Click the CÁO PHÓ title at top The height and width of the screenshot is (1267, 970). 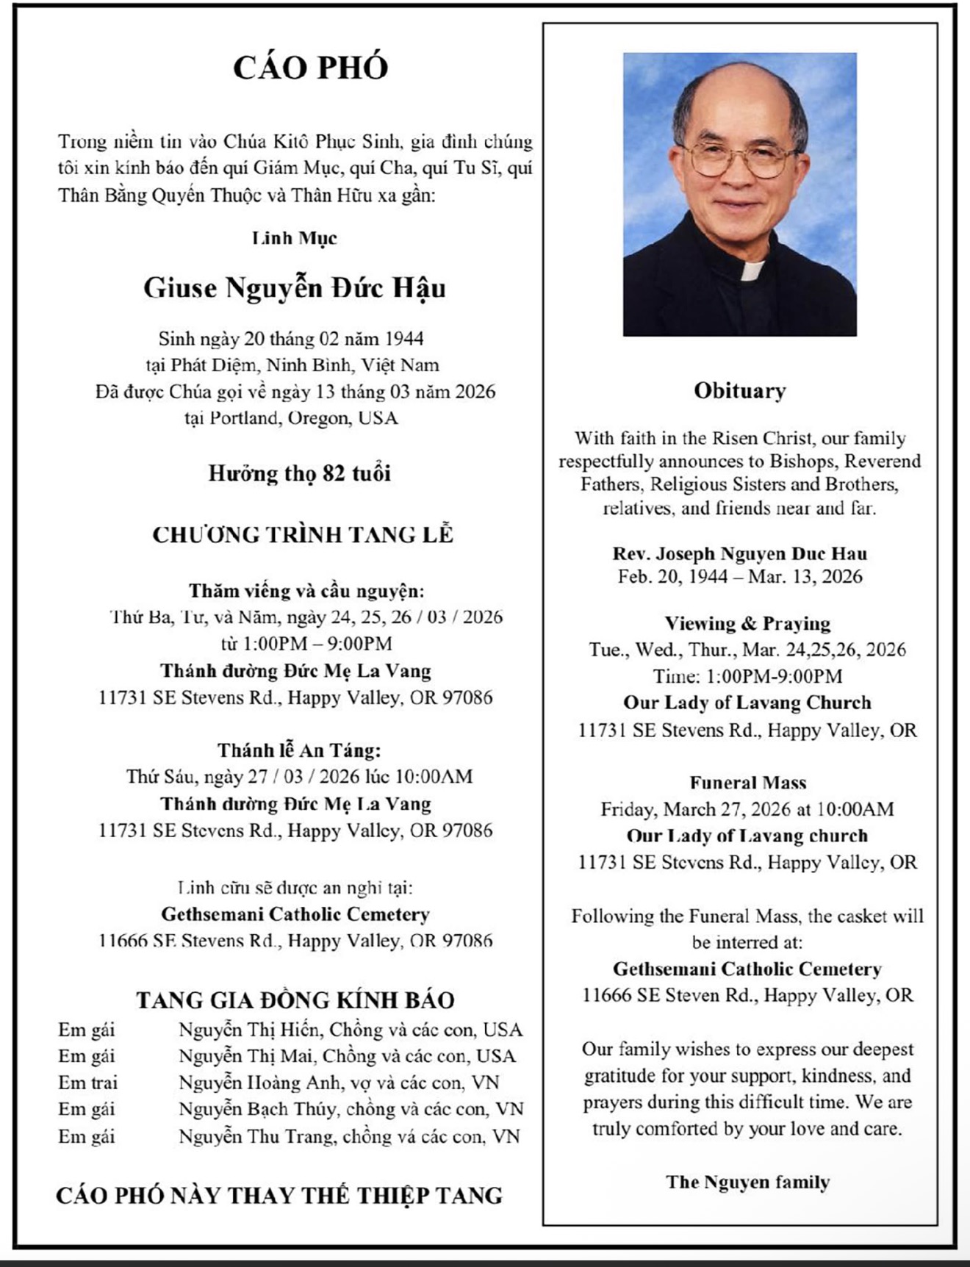click(310, 68)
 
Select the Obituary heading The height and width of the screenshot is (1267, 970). click(739, 390)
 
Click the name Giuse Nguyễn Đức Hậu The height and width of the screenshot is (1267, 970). click(295, 287)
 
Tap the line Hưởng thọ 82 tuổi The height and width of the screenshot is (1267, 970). click(299, 473)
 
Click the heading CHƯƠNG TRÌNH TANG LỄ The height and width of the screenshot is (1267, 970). click(303, 534)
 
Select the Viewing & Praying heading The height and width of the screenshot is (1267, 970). click(747, 623)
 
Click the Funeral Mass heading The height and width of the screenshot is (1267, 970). click(747, 783)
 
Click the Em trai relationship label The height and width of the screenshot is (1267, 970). click(88, 1083)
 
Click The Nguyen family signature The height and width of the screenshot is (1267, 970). click(747, 1182)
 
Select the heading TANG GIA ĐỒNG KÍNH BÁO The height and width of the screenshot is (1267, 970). click(295, 1000)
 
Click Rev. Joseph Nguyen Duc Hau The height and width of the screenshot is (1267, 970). click(739, 553)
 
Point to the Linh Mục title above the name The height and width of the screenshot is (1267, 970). click(295, 238)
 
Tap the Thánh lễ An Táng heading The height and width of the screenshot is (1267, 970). click(299, 750)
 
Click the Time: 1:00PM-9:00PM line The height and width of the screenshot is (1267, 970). click(747, 676)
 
